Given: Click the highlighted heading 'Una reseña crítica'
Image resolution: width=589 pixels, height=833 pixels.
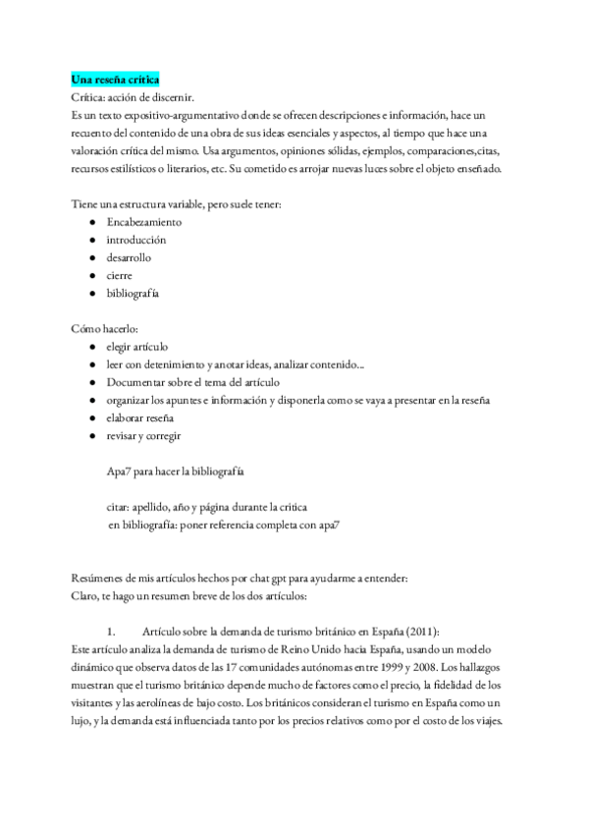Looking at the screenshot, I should coord(116,79).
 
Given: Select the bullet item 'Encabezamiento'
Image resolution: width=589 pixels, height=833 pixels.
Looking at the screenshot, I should coord(143,222).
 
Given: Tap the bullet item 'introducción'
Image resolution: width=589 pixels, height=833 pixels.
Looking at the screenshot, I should coord(136,240).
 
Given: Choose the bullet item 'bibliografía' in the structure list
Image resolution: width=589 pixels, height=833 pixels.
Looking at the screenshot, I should coord(134,294).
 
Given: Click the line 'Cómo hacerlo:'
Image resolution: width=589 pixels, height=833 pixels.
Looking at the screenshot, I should coord(105,329).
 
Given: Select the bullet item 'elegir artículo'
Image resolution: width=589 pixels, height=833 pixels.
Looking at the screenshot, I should coord(137,347).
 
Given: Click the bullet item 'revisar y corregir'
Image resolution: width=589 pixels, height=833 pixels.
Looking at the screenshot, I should coord(144,435).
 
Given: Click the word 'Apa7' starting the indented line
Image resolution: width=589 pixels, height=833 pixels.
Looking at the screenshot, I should coord(120,472).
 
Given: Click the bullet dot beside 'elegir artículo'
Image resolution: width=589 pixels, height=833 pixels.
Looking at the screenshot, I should coord(91,347).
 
